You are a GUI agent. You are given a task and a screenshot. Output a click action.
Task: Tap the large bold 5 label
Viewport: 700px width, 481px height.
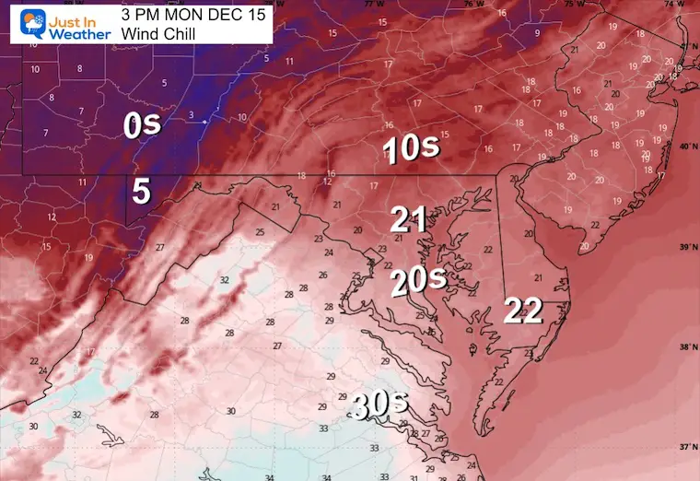[x=141, y=191]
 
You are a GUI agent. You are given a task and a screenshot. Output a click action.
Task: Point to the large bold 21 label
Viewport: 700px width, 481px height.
[x=408, y=218]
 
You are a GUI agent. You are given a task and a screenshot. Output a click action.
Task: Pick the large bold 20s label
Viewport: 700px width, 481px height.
[x=417, y=281]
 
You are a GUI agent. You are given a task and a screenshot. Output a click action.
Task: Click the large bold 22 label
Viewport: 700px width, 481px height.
[x=522, y=311]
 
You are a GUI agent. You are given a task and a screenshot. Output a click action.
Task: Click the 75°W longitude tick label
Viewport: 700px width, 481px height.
[x=574, y=5]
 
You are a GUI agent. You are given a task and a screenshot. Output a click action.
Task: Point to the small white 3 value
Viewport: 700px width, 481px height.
[x=191, y=115]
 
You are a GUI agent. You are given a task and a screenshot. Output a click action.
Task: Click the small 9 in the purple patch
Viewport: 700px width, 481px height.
[x=536, y=34]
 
